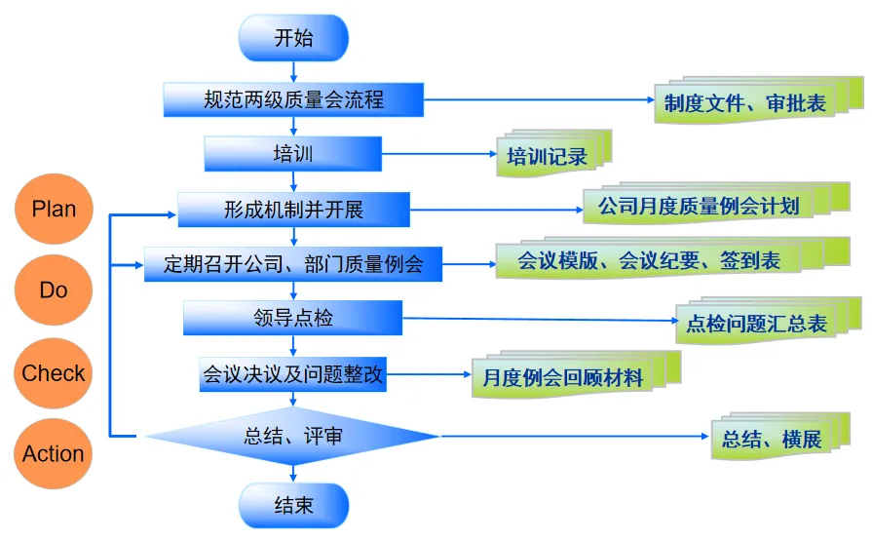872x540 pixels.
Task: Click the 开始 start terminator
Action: click(293, 39)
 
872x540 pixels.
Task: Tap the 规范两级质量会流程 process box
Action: click(293, 99)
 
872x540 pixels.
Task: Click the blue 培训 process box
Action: click(293, 154)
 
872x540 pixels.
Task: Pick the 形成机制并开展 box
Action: click(293, 209)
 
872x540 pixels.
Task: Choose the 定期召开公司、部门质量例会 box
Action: click(293, 263)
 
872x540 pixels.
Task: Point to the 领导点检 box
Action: click(293, 318)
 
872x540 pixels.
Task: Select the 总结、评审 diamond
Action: click(293, 436)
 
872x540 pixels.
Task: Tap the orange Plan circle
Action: click(54, 209)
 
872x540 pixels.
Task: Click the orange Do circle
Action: click(54, 290)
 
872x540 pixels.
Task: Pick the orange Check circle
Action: click(54, 373)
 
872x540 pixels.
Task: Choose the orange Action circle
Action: click(54, 454)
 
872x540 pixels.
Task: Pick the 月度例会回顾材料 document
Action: click(564, 376)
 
